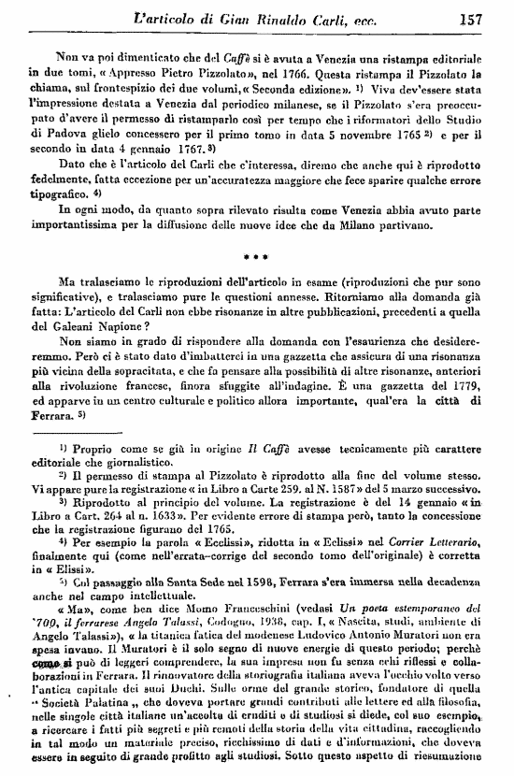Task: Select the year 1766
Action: (299, 71)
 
